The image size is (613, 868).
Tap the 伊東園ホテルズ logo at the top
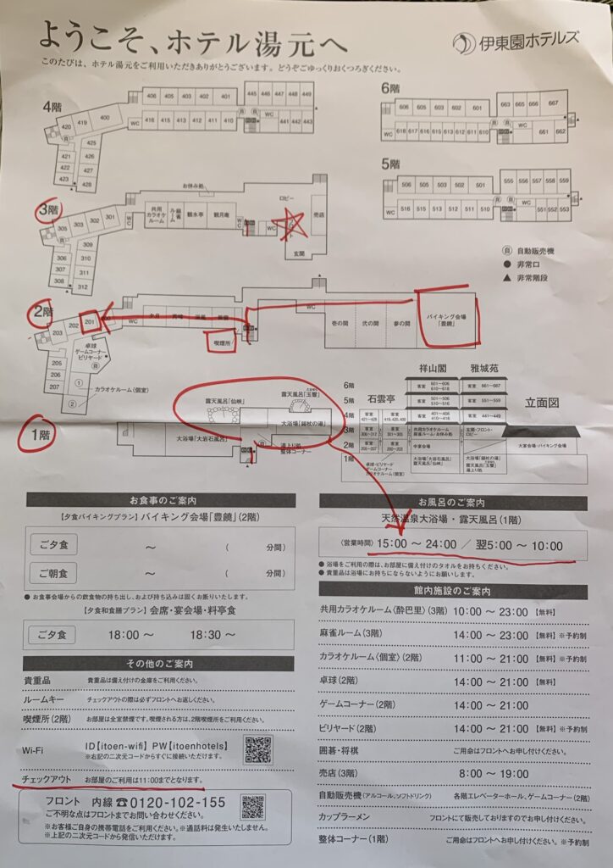[x=516, y=40]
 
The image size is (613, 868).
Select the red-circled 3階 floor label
[x=47, y=209]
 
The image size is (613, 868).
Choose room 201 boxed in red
[x=91, y=322]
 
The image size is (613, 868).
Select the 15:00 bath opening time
[x=393, y=545]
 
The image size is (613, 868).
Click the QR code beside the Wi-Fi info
[x=258, y=749]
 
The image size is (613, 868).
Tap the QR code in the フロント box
[x=252, y=806]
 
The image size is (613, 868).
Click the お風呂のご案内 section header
[x=452, y=502]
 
